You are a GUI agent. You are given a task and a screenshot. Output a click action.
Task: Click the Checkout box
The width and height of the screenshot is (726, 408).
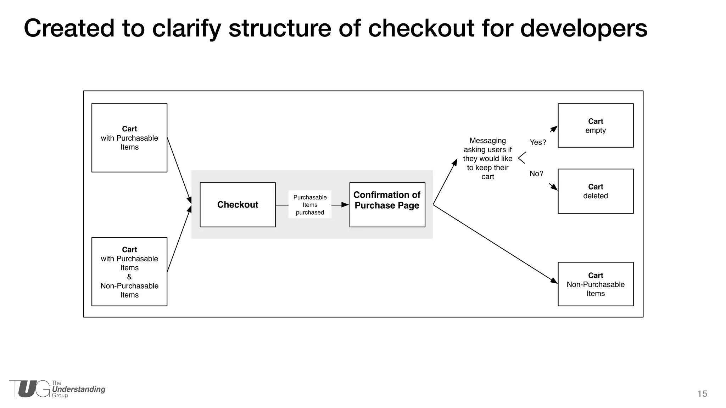click(238, 205)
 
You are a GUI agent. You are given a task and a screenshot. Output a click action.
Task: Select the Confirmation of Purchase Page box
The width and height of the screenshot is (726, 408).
click(387, 205)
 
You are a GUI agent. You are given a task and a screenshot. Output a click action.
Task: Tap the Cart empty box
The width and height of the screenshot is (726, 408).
click(596, 125)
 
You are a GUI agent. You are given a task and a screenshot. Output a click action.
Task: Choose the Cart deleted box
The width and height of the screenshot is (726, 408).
click(596, 191)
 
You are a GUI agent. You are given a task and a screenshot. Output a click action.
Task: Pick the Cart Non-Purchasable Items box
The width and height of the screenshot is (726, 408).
click(596, 284)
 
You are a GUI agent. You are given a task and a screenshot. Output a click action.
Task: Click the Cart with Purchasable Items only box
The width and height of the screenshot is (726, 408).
click(129, 138)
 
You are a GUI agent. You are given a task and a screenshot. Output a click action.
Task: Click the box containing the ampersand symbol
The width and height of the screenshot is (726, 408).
click(129, 272)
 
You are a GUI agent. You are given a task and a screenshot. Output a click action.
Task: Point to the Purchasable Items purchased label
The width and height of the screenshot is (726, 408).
click(310, 205)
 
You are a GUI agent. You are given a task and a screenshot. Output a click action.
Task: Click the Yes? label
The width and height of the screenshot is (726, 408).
click(538, 142)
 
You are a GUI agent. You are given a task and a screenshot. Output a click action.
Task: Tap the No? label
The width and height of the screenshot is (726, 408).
click(536, 174)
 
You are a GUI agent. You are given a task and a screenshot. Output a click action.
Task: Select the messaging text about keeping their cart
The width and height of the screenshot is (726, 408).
click(487, 159)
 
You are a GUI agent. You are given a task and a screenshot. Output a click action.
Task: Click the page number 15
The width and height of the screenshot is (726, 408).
click(702, 394)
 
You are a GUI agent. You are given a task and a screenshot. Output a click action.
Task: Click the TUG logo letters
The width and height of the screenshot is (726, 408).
click(30, 389)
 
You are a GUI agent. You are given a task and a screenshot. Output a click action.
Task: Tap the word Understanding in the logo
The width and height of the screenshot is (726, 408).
click(79, 389)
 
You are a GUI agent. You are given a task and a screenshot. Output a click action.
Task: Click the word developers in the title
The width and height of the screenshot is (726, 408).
click(583, 28)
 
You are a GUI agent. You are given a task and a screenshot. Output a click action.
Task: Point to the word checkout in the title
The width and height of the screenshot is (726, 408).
click(421, 28)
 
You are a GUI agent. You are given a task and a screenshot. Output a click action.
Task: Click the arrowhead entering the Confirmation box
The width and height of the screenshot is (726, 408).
click(345, 205)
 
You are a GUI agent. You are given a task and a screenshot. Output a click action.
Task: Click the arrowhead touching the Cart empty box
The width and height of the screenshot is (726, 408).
click(554, 129)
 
